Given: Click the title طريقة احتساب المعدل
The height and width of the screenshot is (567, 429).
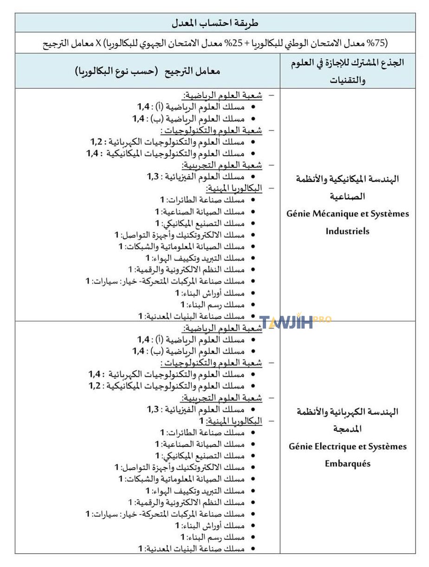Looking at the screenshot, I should coord(214,23).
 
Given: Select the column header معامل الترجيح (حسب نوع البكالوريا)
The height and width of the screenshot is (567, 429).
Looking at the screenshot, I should coord(147,72).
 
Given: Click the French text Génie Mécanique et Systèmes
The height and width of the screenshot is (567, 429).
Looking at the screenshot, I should coord(348,214).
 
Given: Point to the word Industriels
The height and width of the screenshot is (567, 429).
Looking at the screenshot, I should coord(348,231).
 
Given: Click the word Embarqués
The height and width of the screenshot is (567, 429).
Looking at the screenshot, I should coord(348,463).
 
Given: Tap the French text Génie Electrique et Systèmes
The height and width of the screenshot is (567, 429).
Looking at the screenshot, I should coord(348,446).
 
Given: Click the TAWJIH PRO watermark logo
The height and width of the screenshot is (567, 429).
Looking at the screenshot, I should coord(294,322).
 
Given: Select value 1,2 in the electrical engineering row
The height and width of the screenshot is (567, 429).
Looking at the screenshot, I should coord(95,385).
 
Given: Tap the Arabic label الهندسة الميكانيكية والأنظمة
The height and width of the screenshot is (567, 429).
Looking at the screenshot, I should coord(348,179).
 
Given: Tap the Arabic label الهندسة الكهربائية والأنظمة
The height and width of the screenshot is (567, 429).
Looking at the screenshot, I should coord(348,412).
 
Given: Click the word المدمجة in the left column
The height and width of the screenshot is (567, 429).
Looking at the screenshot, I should coord(348,429).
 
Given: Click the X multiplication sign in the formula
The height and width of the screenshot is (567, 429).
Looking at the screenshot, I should coord(98,43).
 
